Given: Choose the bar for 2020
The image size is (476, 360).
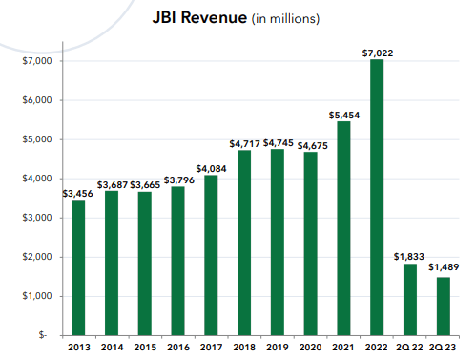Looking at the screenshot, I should [x=312, y=244].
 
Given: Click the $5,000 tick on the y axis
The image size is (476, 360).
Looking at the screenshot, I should [x=36, y=139].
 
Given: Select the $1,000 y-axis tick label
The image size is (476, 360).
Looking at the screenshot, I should [x=36, y=296].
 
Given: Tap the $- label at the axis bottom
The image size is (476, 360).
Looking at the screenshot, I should [x=44, y=335].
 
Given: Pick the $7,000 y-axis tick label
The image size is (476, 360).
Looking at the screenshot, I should [x=36, y=61].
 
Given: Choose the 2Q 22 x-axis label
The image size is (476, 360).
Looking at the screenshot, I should [x=409, y=348].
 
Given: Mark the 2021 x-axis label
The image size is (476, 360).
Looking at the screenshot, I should [x=344, y=348].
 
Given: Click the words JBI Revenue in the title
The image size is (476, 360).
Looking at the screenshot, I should [x=197, y=17].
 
